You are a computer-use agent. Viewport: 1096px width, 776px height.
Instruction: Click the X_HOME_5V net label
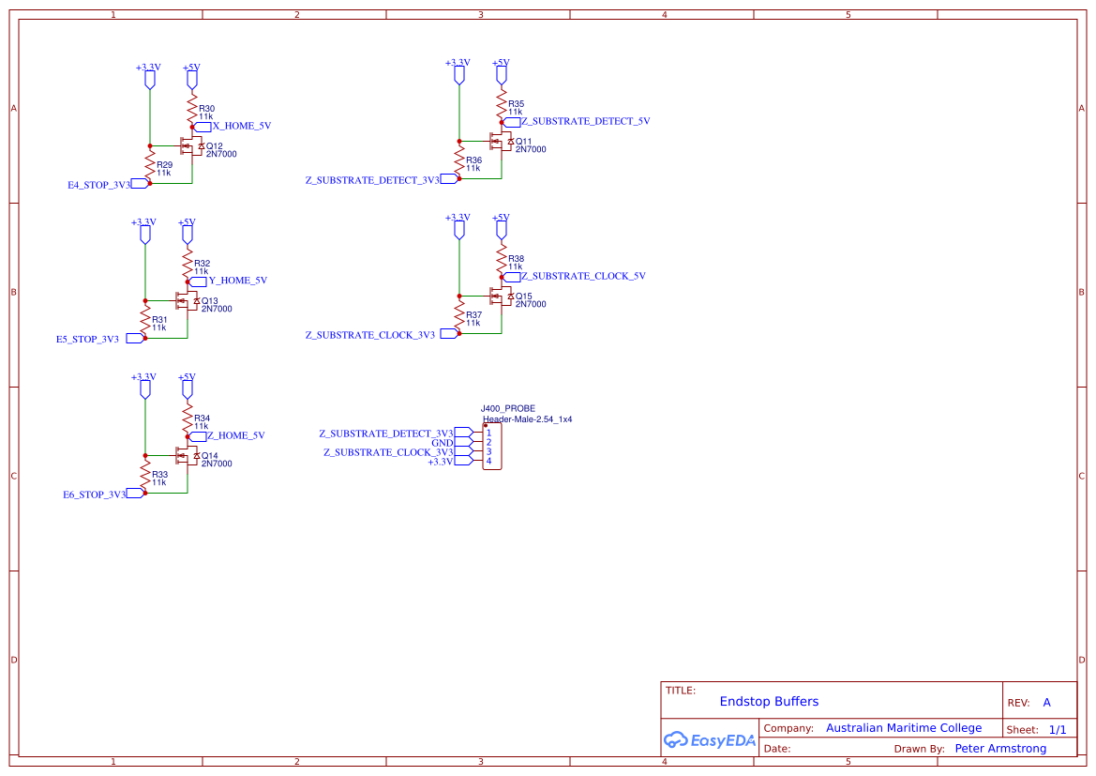241,126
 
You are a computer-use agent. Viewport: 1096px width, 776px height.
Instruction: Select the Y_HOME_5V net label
237,281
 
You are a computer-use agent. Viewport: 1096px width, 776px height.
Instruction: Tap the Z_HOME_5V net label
235,435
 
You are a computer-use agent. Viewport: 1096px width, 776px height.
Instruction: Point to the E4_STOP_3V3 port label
98,185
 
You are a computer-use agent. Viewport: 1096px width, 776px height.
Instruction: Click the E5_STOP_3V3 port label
87,339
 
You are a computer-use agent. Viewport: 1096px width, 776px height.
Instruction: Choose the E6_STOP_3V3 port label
94,495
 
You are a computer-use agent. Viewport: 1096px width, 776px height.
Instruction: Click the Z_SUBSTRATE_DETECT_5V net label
585,121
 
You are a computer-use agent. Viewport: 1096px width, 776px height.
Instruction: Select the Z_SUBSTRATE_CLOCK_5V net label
583,276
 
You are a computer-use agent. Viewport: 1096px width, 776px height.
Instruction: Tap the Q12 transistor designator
215,146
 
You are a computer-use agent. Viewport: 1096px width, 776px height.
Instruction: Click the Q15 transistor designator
523,297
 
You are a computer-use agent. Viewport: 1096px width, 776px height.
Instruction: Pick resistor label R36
473,160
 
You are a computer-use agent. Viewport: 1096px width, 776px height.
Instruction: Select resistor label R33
159,475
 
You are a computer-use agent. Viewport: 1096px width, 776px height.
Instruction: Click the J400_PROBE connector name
507,409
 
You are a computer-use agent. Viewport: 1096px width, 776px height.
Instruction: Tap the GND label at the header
442,443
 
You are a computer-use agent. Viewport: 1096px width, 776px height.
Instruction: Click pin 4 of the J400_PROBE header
488,461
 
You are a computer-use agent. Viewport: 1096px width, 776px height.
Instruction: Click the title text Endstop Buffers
769,701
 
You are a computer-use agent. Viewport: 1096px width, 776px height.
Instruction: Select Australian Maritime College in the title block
903,728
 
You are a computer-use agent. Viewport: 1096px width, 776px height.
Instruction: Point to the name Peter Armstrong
1000,749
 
